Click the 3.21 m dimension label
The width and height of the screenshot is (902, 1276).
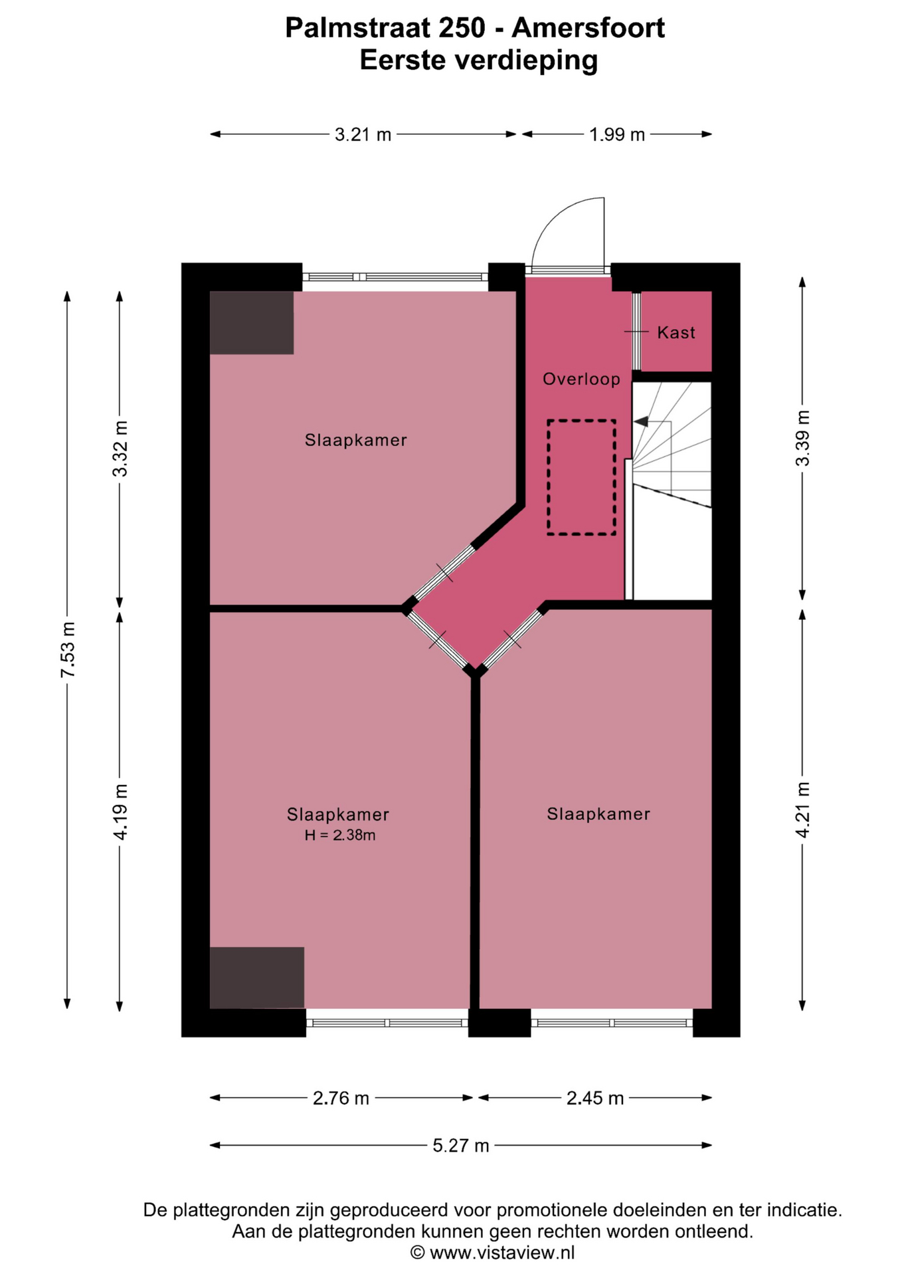pos(363,135)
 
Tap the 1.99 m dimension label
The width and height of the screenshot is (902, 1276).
pos(617,135)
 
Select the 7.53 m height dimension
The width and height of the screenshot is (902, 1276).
pos(68,649)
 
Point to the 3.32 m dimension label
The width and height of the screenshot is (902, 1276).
pos(120,449)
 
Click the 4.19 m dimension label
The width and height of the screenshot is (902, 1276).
pos(120,811)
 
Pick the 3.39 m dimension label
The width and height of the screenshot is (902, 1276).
pos(803,438)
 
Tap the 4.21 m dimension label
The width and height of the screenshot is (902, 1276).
pos(803,809)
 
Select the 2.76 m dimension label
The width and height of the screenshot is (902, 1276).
pos(341,1099)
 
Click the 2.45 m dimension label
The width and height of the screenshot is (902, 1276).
pos(595,1099)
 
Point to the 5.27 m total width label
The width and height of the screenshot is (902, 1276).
pos(461,1146)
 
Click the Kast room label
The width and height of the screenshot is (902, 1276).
pos(676,332)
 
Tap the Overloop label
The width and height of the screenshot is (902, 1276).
pos(581,379)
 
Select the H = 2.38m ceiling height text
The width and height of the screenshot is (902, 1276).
pos(340,835)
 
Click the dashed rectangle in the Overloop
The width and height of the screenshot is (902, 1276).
pos(548,477)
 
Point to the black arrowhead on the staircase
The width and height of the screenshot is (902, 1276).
pos(641,421)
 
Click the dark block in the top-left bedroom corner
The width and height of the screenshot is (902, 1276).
pos(252,322)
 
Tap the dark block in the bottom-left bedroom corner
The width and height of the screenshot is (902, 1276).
pos(257,978)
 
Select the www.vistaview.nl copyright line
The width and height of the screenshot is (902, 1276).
pos(492,1253)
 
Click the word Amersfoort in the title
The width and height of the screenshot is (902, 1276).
pos(588,28)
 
